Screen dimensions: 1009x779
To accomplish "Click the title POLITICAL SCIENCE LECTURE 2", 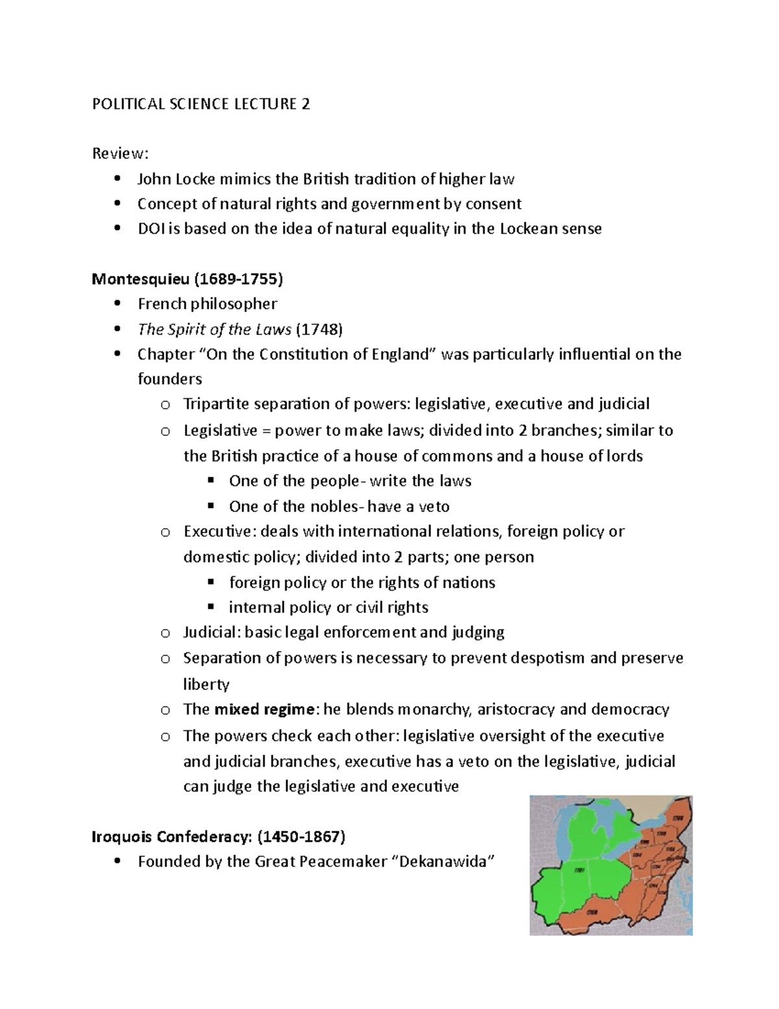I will tap(201, 104).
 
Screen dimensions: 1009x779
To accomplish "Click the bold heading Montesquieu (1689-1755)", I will tap(188, 279).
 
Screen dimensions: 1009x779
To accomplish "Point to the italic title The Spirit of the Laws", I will tap(214, 329).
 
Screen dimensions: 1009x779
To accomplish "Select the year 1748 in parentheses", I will tap(319, 329).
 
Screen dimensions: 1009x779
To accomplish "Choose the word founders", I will tap(169, 379).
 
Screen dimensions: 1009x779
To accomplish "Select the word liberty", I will tap(206, 684).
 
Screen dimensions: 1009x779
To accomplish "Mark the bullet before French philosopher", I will tap(117, 304).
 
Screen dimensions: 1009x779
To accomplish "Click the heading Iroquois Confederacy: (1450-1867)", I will tap(218, 837).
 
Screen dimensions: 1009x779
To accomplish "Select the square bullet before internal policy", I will tap(210, 607).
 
